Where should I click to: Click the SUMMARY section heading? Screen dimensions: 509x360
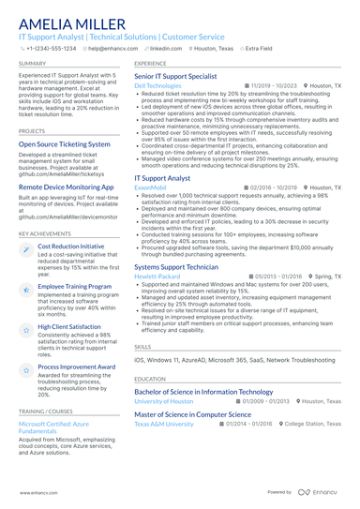(33, 63)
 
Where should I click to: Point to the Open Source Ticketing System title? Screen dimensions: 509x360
(65, 145)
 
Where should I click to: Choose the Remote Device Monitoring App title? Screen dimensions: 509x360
(67, 187)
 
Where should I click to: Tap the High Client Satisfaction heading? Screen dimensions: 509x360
(70, 326)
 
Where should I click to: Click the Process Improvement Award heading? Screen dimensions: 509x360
(76, 367)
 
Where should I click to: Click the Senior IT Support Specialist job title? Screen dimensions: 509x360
(176, 75)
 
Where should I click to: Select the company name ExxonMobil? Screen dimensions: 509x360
(151, 187)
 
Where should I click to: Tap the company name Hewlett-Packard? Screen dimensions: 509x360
(157, 277)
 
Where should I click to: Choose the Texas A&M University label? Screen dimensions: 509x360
(164, 424)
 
